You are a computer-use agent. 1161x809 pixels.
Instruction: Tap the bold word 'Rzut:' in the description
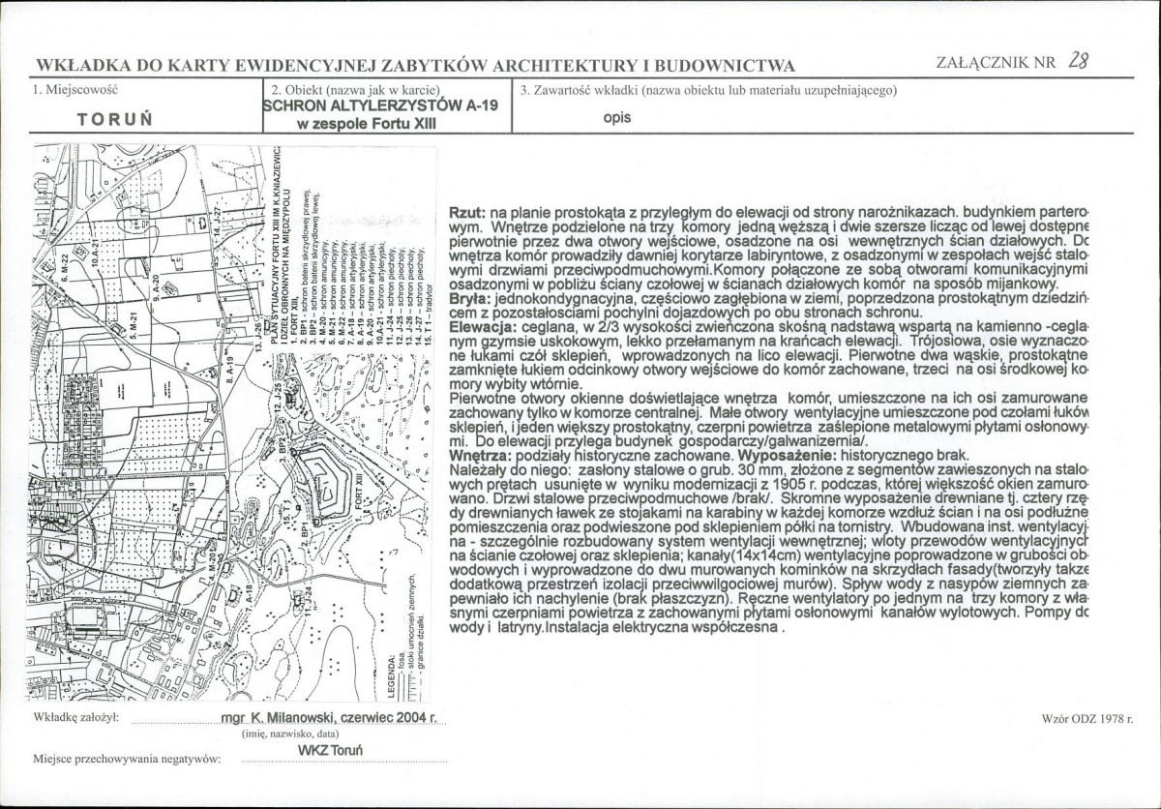click(x=468, y=212)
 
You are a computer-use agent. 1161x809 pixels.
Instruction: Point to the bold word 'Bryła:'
click(x=471, y=302)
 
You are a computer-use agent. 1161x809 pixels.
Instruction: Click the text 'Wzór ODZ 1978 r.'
click(x=1087, y=719)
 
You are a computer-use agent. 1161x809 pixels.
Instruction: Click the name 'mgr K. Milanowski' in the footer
click(x=281, y=719)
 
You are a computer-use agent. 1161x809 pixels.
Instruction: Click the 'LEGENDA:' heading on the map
click(x=391, y=674)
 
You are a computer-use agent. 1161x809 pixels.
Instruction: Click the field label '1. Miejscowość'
click(x=75, y=91)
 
